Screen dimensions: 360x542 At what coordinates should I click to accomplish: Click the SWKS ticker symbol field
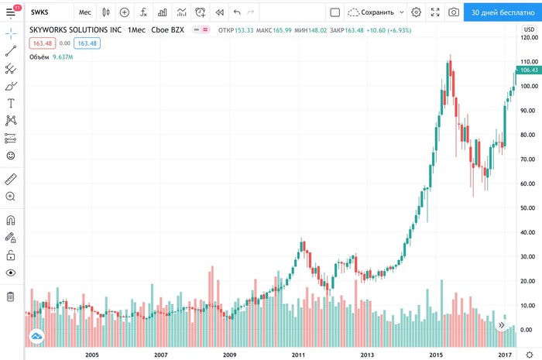(39, 12)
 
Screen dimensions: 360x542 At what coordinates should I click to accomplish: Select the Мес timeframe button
(84, 12)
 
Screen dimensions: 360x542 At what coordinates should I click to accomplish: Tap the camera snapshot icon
(453, 12)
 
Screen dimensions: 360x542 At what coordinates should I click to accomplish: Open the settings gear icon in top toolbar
(417, 12)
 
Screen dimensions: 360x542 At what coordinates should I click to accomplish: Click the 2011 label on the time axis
(298, 354)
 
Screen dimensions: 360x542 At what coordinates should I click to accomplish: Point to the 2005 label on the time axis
(92, 354)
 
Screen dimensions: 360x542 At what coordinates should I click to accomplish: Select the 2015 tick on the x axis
(436, 354)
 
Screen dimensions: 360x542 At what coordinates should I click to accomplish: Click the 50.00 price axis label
(528, 208)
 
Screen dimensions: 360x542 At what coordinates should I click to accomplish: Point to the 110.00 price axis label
(528, 61)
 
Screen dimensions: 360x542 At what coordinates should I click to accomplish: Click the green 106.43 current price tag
(529, 70)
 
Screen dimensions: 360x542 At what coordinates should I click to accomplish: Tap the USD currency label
(530, 29)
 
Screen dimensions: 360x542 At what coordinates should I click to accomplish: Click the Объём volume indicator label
(39, 56)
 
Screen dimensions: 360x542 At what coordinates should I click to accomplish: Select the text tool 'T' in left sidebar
(11, 103)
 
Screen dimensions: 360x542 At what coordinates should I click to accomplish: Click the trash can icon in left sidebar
(11, 297)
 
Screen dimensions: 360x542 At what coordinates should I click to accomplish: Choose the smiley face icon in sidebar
(11, 156)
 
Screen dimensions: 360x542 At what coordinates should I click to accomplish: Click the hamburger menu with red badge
(11, 12)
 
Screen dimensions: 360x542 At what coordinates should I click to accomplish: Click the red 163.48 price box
(43, 43)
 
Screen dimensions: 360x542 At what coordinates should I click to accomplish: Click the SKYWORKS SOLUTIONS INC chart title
(76, 29)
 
